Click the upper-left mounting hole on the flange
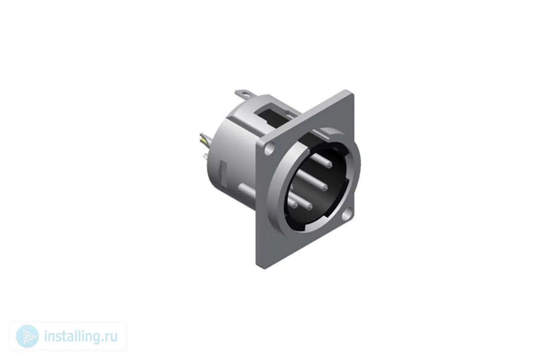(x=269, y=150)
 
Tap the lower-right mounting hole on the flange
(x=346, y=216)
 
